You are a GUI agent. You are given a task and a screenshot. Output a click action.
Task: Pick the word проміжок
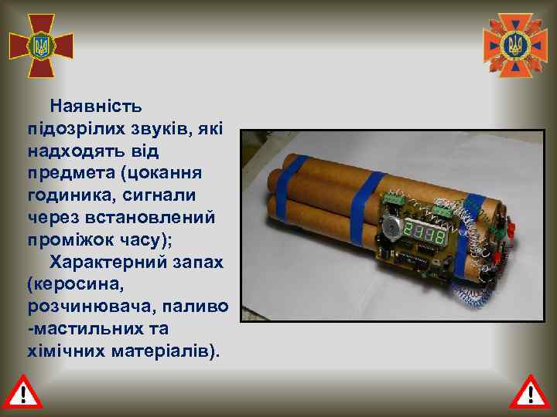coord(69,233)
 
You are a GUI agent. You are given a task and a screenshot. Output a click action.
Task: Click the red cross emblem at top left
coord(41,45)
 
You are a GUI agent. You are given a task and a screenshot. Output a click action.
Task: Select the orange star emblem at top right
coord(514,45)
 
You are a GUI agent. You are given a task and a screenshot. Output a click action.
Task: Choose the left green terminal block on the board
coord(393,199)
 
